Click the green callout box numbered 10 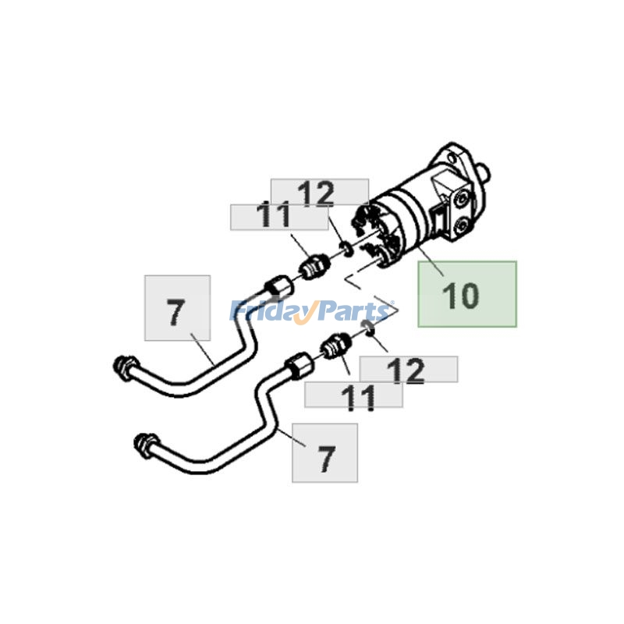[x=466, y=294]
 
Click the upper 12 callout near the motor [x=319, y=193]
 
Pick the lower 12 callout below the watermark [x=408, y=370]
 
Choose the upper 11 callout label [x=278, y=216]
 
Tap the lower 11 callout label [x=353, y=395]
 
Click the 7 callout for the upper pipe [x=177, y=308]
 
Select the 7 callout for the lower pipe [x=324, y=453]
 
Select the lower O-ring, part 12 [x=369, y=333]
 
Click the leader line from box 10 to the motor [x=430, y=261]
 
